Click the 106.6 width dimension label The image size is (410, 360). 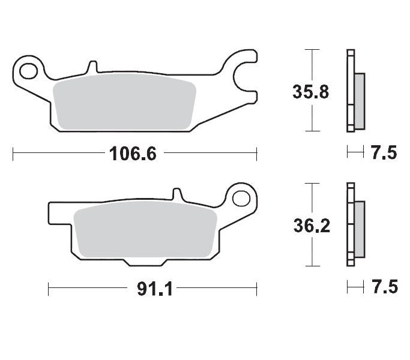133,154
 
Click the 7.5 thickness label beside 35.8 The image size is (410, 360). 384,154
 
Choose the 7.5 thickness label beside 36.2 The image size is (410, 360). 384,288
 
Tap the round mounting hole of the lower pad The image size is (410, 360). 242,199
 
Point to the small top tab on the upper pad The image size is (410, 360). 92,65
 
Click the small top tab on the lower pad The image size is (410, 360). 176,194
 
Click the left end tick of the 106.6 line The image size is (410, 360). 13,154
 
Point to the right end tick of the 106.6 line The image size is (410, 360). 257,154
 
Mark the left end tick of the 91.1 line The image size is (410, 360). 49,289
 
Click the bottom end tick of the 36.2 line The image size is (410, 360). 311,266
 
